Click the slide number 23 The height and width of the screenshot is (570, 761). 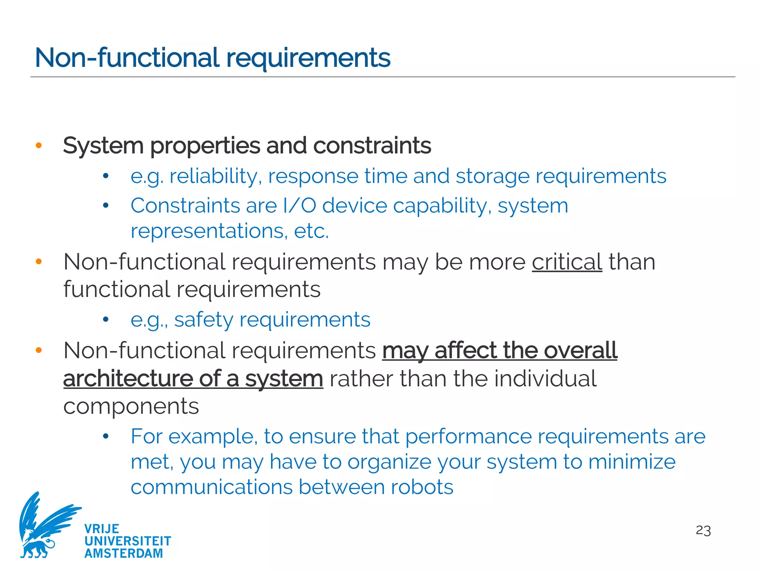click(x=703, y=530)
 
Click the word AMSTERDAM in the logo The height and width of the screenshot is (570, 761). click(x=124, y=553)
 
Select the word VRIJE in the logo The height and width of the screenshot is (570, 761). click(x=102, y=529)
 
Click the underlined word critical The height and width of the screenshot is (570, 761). click(x=567, y=262)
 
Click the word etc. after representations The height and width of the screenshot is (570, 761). click(x=311, y=231)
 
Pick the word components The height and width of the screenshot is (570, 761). click(x=131, y=407)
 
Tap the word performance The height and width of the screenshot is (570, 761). click(x=468, y=436)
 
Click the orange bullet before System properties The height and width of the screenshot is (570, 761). click(x=39, y=145)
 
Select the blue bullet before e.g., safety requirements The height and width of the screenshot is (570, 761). click(x=106, y=319)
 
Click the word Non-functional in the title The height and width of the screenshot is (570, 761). click(x=127, y=58)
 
